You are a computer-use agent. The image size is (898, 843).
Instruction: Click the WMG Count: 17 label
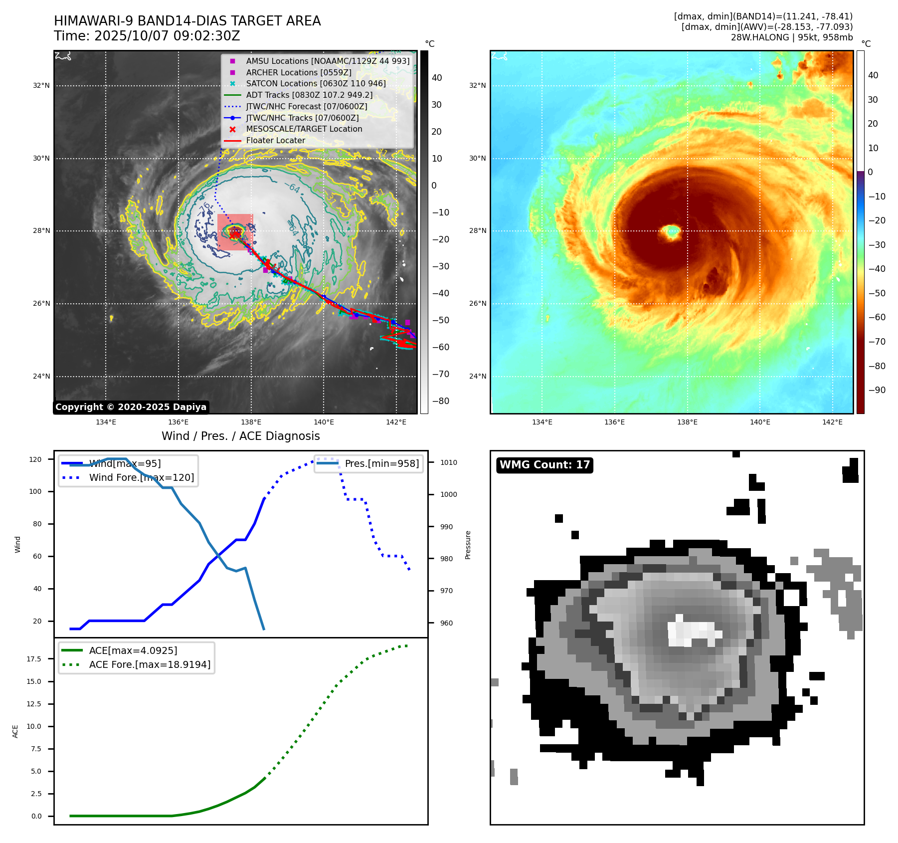point(544,465)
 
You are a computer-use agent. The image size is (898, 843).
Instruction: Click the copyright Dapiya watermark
point(131,407)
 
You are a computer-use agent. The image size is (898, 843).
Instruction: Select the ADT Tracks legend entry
point(309,95)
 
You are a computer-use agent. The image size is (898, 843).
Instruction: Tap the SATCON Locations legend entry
point(316,83)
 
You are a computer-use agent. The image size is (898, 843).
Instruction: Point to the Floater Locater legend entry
point(275,140)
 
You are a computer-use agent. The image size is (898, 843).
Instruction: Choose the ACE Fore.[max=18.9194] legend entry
point(150,664)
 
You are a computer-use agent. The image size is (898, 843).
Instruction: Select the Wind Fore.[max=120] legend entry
point(142,477)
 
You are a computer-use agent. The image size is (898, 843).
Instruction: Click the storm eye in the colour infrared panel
point(672,231)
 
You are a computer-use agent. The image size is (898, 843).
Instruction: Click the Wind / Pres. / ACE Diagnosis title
point(241,436)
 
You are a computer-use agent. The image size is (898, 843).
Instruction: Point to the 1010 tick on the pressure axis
point(448,462)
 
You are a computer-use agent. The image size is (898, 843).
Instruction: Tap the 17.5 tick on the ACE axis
point(34,659)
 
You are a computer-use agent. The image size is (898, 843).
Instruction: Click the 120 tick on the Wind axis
point(35,459)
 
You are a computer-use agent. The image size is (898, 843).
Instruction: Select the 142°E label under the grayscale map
point(396,422)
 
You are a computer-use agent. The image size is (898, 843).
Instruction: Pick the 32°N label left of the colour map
point(477,85)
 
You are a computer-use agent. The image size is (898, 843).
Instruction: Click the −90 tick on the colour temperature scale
point(877,390)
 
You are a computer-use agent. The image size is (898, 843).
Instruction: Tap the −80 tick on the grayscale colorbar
point(440,401)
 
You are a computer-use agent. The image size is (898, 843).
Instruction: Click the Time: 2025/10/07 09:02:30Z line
point(147,36)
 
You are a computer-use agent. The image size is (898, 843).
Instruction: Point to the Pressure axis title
point(468,545)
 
